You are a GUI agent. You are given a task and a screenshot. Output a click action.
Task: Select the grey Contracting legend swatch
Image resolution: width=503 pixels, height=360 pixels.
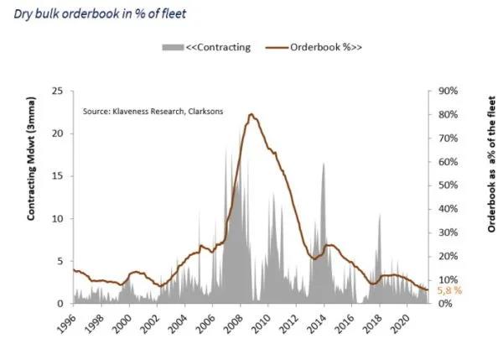[173, 47]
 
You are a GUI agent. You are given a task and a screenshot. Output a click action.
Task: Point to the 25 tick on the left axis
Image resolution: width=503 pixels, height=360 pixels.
[59, 91]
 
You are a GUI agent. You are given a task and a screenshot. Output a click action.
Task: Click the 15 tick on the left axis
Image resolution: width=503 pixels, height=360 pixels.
[59, 176]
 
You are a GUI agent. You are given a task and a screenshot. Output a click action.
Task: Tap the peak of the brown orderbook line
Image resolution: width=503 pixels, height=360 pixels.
[252, 114]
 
